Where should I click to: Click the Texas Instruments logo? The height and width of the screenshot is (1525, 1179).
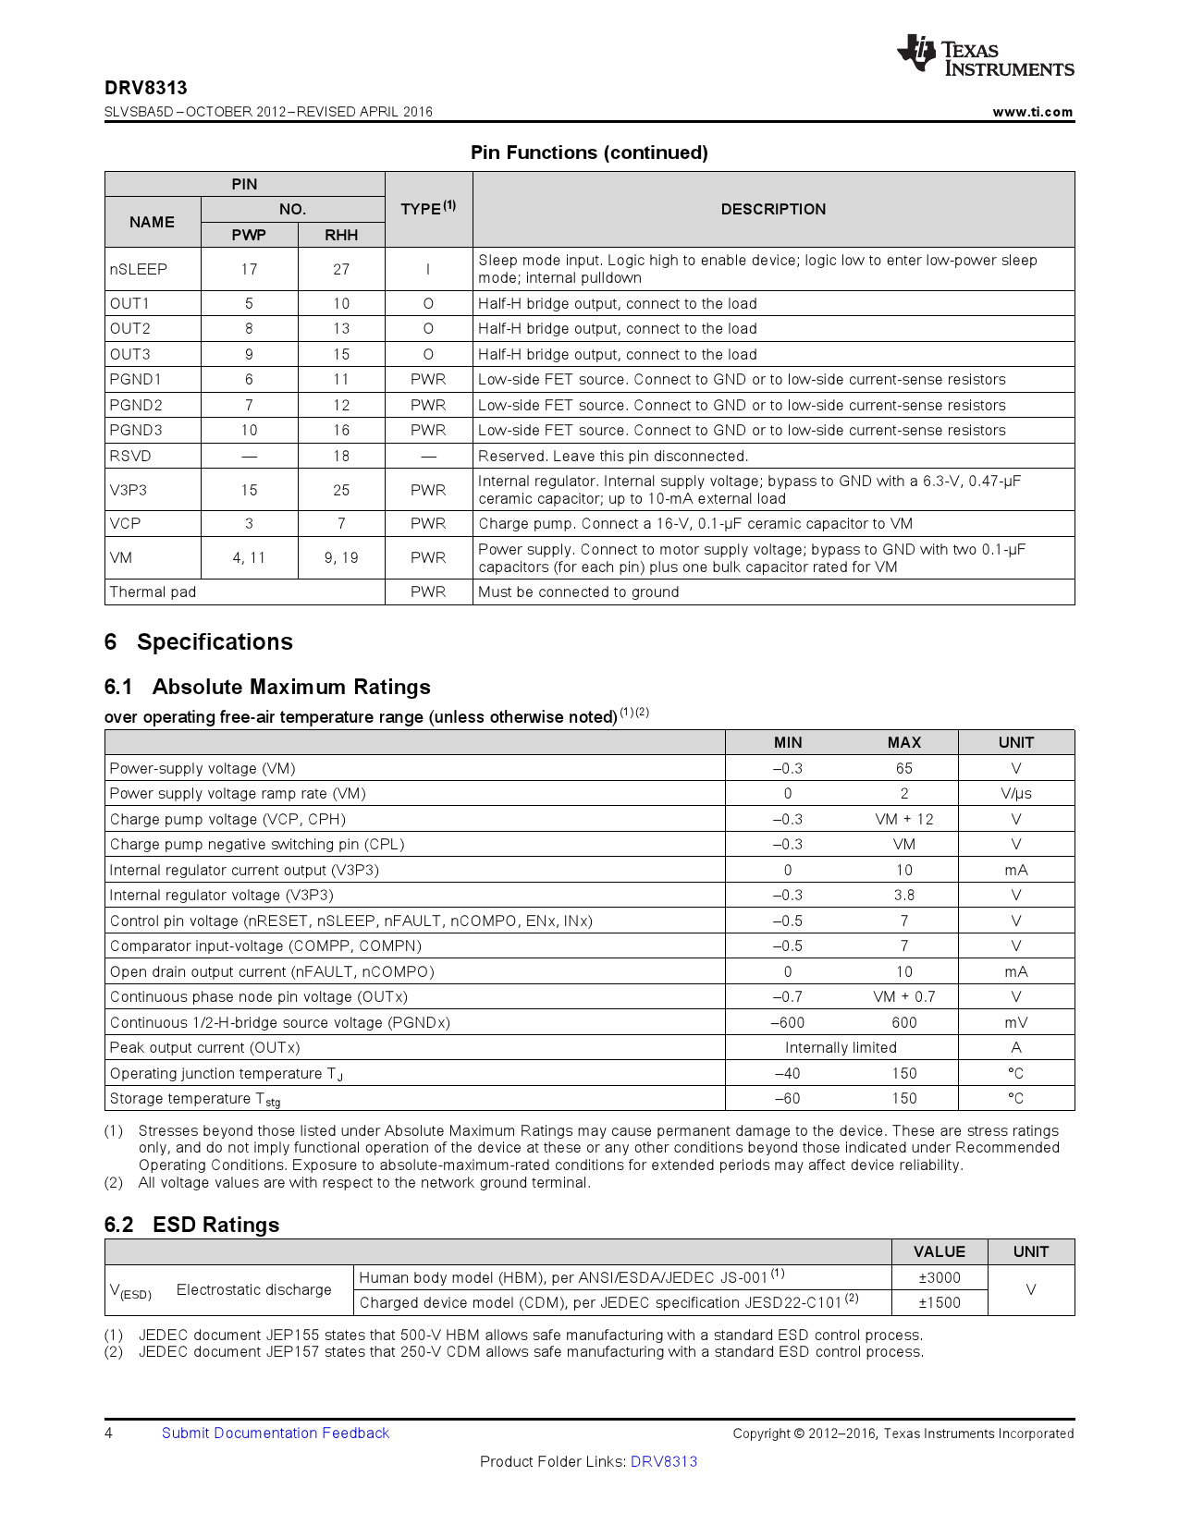[x=985, y=56]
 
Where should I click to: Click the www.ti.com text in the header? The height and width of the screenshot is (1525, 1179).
[x=1032, y=112]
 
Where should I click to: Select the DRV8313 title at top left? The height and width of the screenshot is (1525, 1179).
[x=145, y=88]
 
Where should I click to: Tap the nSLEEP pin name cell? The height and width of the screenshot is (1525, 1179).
[x=139, y=269]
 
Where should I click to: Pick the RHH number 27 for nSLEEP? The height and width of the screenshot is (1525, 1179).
[x=341, y=269]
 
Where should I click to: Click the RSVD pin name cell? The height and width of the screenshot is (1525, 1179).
[x=130, y=456]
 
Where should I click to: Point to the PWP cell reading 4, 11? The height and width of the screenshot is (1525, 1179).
[x=249, y=557]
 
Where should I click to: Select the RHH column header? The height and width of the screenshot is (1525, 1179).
[x=341, y=235]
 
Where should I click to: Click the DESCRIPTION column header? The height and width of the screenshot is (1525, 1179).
[x=773, y=209]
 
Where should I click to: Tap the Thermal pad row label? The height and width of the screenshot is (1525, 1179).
[x=154, y=592]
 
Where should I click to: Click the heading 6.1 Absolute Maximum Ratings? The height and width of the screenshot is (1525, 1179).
[x=267, y=687]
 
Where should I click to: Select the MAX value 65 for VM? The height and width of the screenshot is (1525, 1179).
[x=903, y=768]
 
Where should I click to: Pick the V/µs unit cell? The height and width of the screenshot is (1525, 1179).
[x=1015, y=793]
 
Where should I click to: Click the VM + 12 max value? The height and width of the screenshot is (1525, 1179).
[x=903, y=819]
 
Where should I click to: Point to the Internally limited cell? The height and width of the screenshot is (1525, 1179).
[x=841, y=1047]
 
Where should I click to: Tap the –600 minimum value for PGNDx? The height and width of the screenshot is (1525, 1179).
[x=788, y=1022]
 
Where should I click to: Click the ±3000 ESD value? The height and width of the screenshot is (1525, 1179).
[x=939, y=1277]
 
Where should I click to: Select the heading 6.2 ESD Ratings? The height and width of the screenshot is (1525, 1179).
[x=191, y=1225]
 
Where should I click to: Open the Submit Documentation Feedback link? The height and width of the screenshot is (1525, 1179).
[x=276, y=1433]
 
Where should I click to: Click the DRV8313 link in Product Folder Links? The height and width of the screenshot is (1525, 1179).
[x=664, y=1461]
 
